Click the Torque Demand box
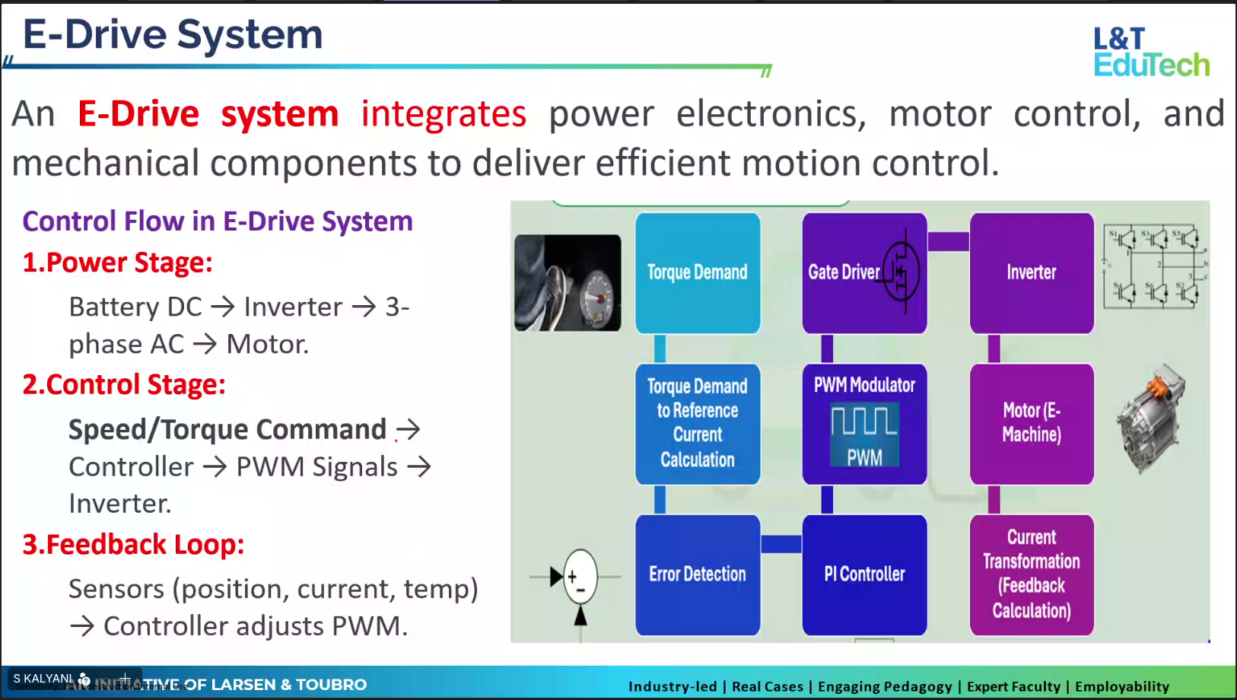698,272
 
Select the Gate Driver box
864,272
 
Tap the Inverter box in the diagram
1031,272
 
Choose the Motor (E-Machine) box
1031,423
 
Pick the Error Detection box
698,574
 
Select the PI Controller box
864,574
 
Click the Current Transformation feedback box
1031,574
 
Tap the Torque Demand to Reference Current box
698,423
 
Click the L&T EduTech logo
1150,52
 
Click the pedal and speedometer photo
568,282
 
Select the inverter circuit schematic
1155,266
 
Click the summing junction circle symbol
580,577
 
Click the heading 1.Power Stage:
117,262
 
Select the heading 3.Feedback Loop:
133,545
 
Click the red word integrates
443,114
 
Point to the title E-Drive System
173,35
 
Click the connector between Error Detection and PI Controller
781,544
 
